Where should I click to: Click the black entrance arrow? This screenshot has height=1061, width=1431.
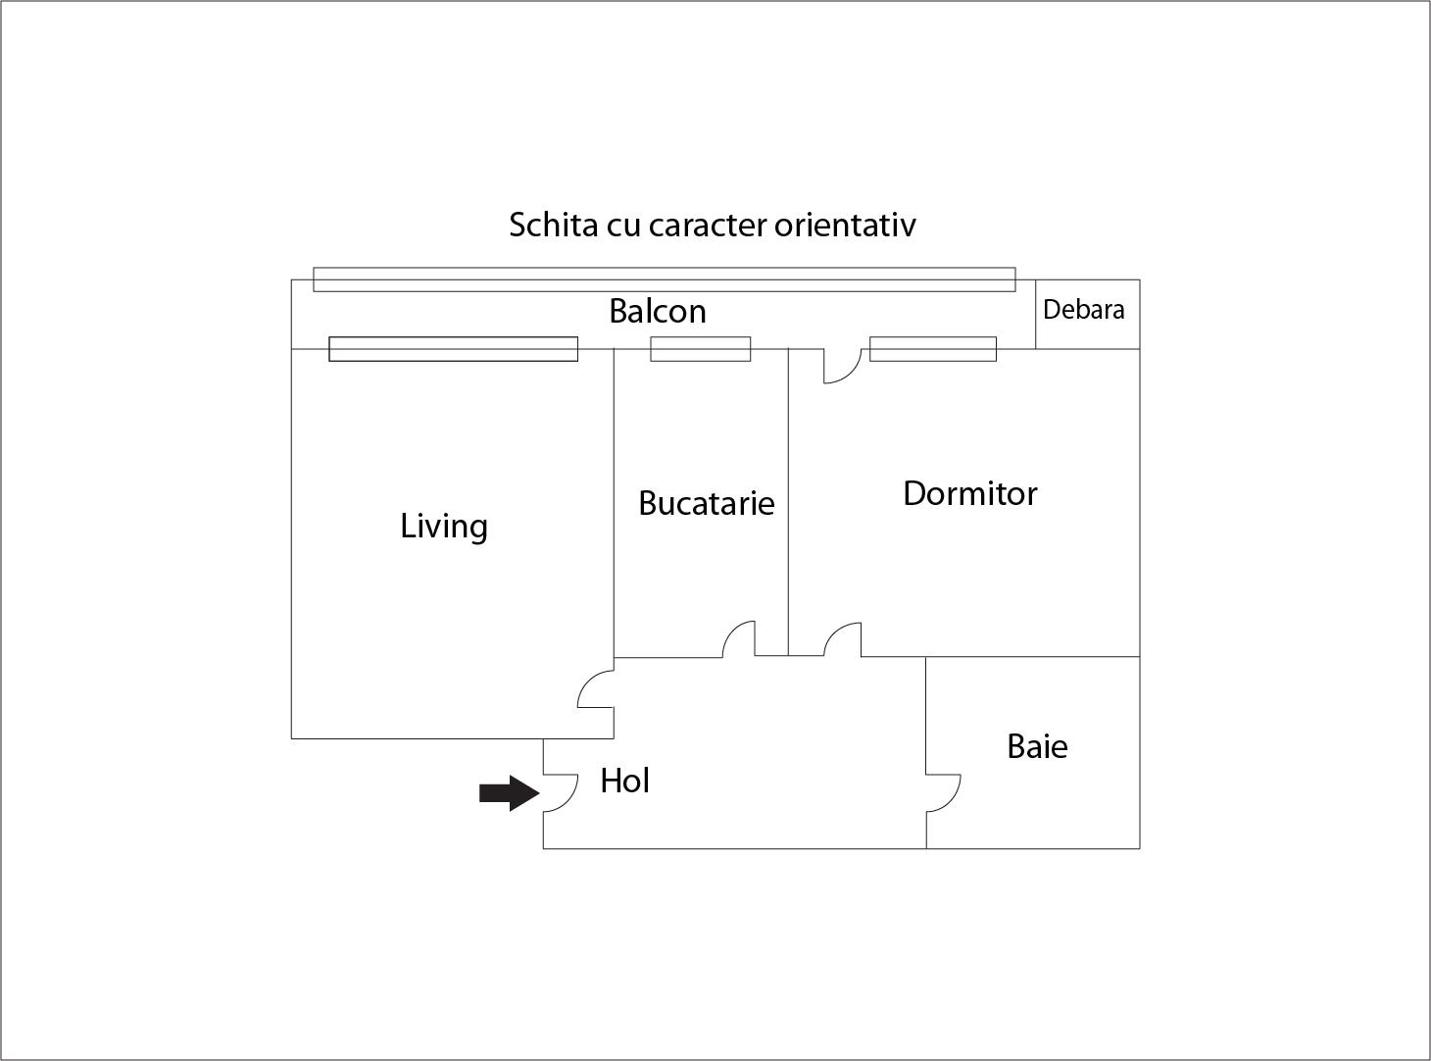pos(509,792)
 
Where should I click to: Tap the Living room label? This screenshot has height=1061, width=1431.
pos(444,527)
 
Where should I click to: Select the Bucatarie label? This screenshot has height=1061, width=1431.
pos(707,503)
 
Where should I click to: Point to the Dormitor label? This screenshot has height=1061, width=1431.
pos(969,493)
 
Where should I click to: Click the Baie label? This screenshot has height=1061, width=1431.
pos(1037,746)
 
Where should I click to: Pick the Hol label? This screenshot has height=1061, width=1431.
pos(624,781)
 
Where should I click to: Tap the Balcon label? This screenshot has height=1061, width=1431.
pos(658,311)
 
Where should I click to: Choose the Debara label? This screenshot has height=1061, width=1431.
pos(1084,309)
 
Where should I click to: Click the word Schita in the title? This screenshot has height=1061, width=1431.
pos(554,225)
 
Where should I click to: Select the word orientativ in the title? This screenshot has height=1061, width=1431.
pos(845,225)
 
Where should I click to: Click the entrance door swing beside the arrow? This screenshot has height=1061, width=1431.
pos(560,792)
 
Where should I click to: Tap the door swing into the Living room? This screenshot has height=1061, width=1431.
pos(596,688)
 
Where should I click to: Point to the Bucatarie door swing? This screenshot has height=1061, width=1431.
pos(739,639)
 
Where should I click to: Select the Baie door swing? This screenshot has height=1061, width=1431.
pos(943,792)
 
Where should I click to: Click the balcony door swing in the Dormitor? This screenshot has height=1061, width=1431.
pos(843,366)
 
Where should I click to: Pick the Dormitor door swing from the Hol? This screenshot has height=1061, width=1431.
pos(843,640)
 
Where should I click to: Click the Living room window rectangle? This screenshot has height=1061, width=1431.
pos(454,349)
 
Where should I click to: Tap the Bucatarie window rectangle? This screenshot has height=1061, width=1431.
pos(701,349)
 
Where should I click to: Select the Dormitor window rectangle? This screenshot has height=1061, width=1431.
pos(933,349)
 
